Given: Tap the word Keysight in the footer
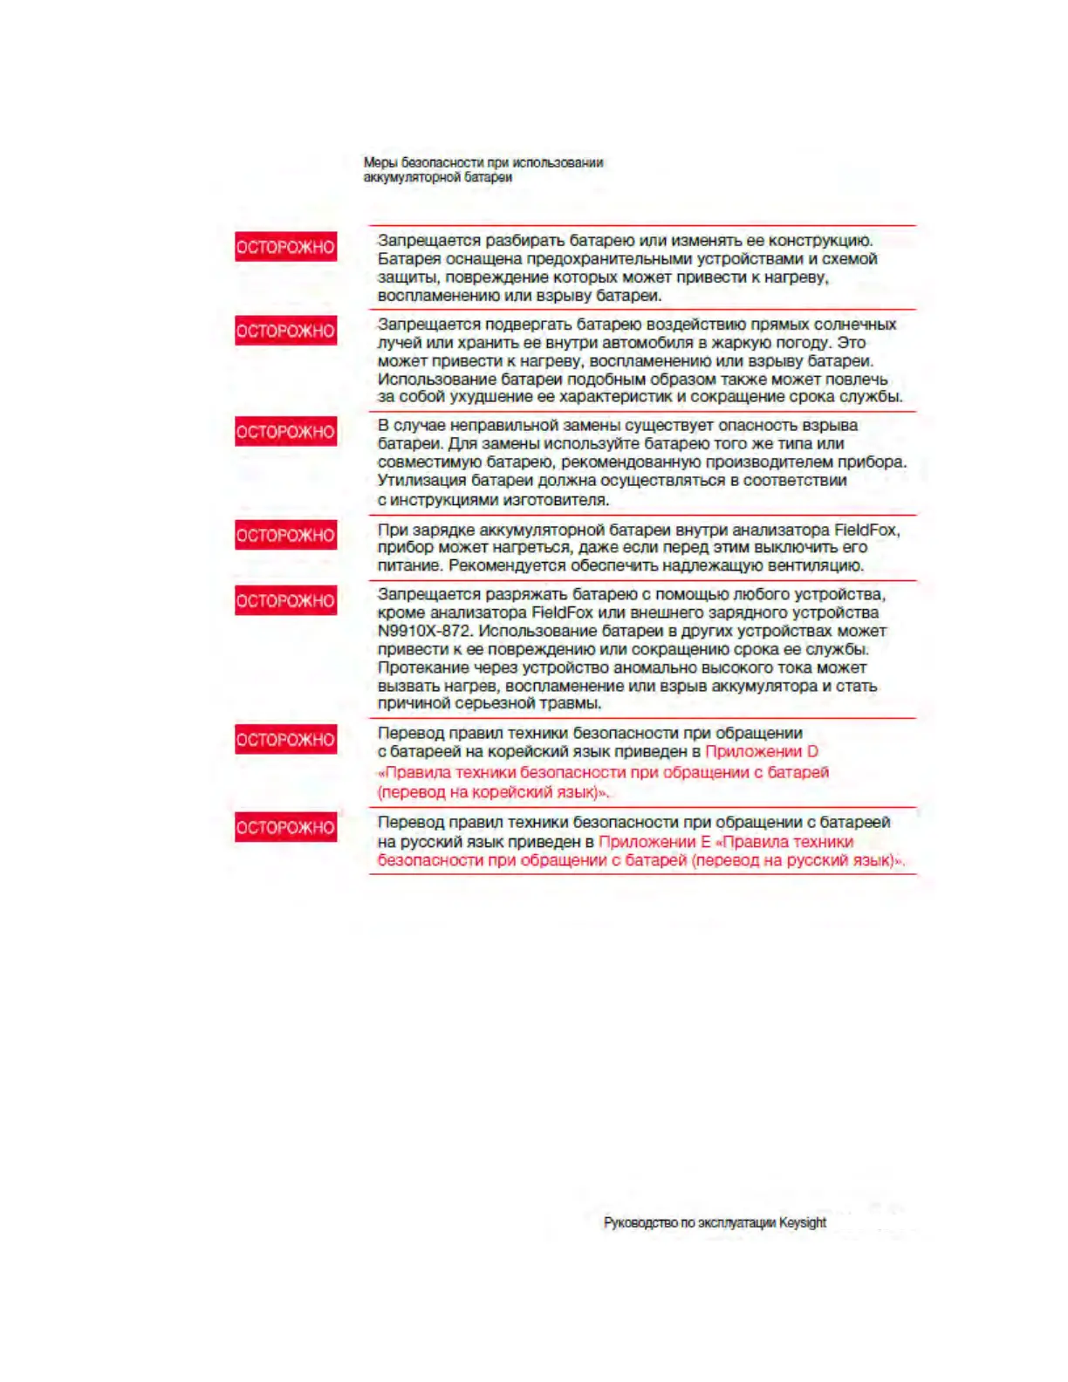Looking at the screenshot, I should click(802, 1222).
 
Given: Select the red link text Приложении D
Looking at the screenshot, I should click(761, 751).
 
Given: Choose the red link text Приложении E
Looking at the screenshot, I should click(654, 842).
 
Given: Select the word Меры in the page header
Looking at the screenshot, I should click(380, 162).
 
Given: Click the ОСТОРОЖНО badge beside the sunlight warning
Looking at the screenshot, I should click(285, 331).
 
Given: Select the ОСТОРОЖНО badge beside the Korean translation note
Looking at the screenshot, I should click(285, 740).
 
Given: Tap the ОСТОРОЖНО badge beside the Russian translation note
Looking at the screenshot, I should click(285, 827).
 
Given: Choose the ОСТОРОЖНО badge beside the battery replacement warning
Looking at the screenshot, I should click(285, 432).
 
